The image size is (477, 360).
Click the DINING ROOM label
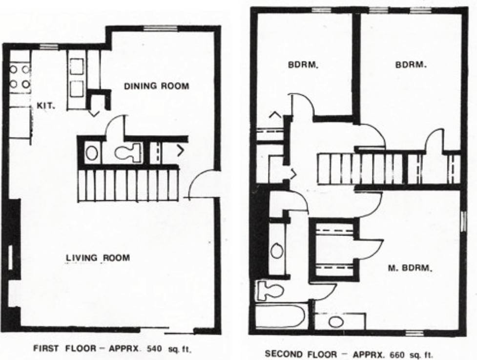coord(156,86)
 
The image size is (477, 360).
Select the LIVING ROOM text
coord(98,257)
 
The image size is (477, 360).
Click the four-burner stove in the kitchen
coord(20,77)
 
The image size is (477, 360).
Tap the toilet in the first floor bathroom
coord(128,152)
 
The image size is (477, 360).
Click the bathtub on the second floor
coord(280,316)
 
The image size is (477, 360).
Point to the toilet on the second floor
coord(269,290)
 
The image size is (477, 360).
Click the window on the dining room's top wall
coord(160,28)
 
